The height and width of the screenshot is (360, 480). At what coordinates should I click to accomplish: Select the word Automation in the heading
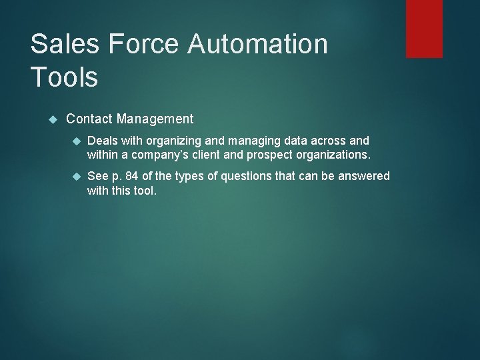pyautogui.click(x=259, y=45)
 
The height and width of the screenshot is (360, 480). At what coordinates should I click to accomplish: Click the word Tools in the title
pyautogui.click(x=64, y=77)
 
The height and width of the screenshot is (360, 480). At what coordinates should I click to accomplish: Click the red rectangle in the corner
pyautogui.click(x=424, y=29)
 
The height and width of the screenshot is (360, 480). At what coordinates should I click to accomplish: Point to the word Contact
pyautogui.click(x=89, y=119)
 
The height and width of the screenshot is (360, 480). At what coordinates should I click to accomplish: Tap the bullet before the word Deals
pyautogui.click(x=75, y=141)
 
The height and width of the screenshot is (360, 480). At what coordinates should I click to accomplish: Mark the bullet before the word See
pyautogui.click(x=75, y=176)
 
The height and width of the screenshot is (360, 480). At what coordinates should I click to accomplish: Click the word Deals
pyautogui.click(x=102, y=141)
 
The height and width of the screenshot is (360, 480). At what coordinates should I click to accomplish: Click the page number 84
pyautogui.click(x=132, y=176)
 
